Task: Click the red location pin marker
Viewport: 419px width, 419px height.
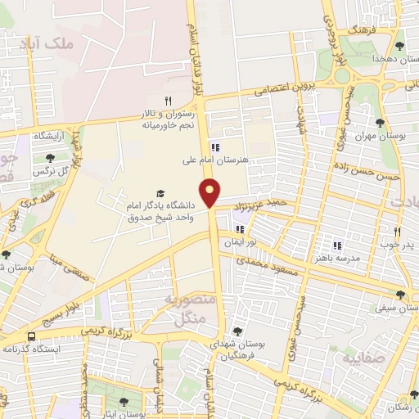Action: click(211, 192)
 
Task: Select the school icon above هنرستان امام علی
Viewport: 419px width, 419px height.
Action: click(215, 148)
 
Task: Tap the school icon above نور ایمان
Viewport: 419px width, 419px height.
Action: click(241, 230)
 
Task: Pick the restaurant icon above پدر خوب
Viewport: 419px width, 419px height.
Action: click(397, 232)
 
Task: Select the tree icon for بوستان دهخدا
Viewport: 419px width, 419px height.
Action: click(399, 46)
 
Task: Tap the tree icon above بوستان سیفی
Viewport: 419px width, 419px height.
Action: click(400, 295)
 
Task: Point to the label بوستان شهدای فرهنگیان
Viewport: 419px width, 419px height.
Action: click(237, 352)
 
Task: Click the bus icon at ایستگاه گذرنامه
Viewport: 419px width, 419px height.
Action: click(31, 336)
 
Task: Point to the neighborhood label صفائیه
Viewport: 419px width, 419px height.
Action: click(362, 358)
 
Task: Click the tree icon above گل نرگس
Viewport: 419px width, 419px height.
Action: click(50, 158)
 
